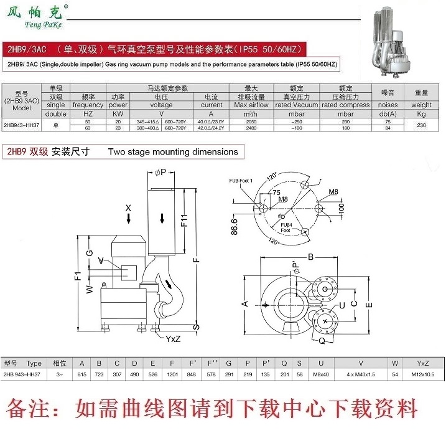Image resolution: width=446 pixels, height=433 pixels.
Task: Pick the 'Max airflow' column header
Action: (251, 105)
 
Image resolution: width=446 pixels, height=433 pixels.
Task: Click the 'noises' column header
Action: (388, 105)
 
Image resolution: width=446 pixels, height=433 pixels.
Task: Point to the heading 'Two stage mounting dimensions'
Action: (173, 151)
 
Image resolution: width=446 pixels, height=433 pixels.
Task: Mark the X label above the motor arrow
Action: (128, 207)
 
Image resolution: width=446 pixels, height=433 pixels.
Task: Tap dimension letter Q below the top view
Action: (322, 341)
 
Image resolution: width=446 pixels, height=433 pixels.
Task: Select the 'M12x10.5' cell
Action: (422, 374)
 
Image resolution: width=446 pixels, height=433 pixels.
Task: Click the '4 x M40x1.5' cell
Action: (361, 374)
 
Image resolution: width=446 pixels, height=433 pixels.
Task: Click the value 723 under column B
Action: (99, 374)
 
